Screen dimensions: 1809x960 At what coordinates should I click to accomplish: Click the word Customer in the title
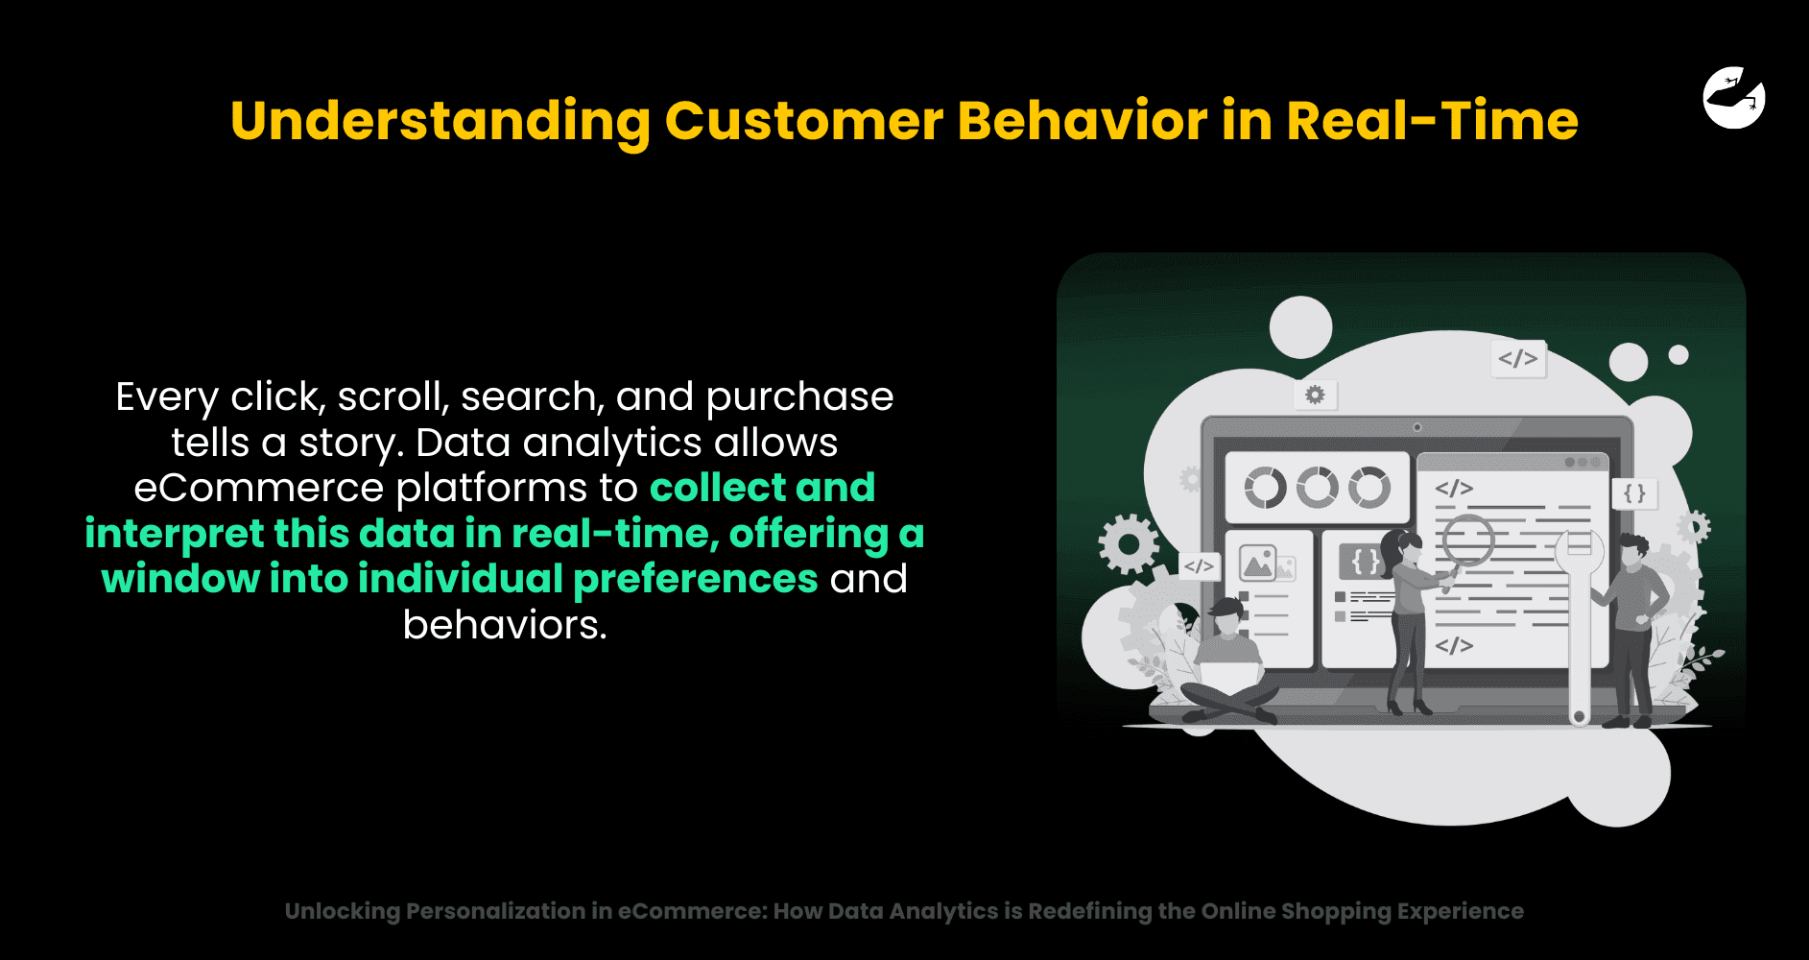click(x=804, y=121)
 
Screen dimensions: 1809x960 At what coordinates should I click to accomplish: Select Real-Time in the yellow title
click(x=1432, y=121)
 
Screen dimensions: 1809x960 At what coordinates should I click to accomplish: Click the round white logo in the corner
click(x=1734, y=98)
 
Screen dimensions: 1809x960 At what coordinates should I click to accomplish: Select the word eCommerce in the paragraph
click(x=259, y=488)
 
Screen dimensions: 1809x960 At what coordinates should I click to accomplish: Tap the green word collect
click(x=718, y=488)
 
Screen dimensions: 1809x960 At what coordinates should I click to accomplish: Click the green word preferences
click(x=696, y=580)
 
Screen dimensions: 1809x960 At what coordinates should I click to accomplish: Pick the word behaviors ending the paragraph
click(x=505, y=625)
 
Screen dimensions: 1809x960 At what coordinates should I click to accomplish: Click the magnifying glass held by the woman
click(x=1466, y=543)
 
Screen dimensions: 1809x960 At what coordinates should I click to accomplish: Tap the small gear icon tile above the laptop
click(x=1315, y=395)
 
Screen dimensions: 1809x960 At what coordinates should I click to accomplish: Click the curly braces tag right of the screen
click(x=1634, y=493)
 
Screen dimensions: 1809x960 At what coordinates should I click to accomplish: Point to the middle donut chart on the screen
click(x=1318, y=488)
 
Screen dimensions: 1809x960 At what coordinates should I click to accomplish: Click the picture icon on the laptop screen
click(x=1257, y=563)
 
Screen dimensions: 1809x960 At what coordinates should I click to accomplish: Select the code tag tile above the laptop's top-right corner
click(x=1518, y=359)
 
